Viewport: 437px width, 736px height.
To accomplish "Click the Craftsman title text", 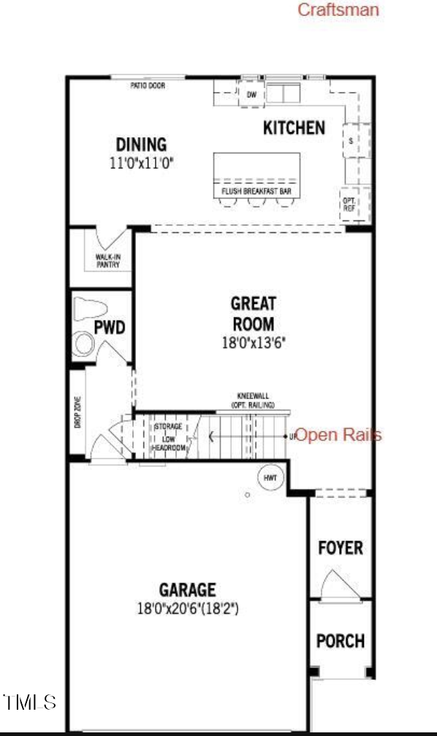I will pyautogui.click(x=338, y=9).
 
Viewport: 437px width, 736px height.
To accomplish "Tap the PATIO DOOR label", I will pyautogui.click(x=148, y=85).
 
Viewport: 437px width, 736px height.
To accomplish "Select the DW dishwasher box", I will pyautogui.click(x=251, y=94).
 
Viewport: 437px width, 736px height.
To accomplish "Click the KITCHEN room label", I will pyautogui.click(x=294, y=128).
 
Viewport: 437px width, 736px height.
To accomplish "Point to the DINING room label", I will pyautogui.click(x=142, y=145).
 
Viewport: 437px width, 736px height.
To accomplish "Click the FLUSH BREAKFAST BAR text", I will pyautogui.click(x=256, y=191).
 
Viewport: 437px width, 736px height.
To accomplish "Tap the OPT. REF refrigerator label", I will pyautogui.click(x=349, y=202).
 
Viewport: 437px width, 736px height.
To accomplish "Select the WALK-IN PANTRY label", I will pyautogui.click(x=108, y=261).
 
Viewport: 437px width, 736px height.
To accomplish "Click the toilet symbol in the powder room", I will pyautogui.click(x=90, y=310).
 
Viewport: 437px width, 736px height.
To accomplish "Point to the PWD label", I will pyautogui.click(x=110, y=326).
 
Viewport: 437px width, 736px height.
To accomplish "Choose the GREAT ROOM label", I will pyautogui.click(x=253, y=313).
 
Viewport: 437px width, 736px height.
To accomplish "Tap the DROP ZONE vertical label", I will pyautogui.click(x=78, y=411).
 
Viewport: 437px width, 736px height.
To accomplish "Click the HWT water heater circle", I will pyautogui.click(x=268, y=478).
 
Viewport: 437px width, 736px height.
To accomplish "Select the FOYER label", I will pyautogui.click(x=341, y=548).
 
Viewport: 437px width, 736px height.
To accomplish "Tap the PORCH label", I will pyautogui.click(x=341, y=640).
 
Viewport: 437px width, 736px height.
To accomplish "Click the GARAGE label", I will pyautogui.click(x=188, y=589).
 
